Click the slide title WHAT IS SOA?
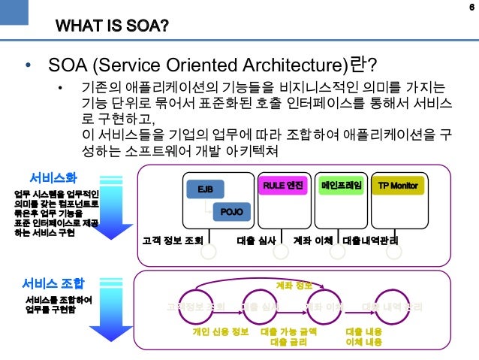coord(111,29)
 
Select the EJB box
coord(204,189)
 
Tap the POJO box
coord(230,212)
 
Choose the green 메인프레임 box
coord(341,185)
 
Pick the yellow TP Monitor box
coord(398,185)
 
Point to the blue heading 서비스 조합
coord(53,283)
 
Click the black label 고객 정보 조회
coord(173,241)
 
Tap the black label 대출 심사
coord(257,241)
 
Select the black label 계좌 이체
coord(314,241)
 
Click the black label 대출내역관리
coord(369,241)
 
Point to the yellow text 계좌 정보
coord(294,286)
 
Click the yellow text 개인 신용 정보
coord(220,331)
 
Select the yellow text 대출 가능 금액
coord(288,331)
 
